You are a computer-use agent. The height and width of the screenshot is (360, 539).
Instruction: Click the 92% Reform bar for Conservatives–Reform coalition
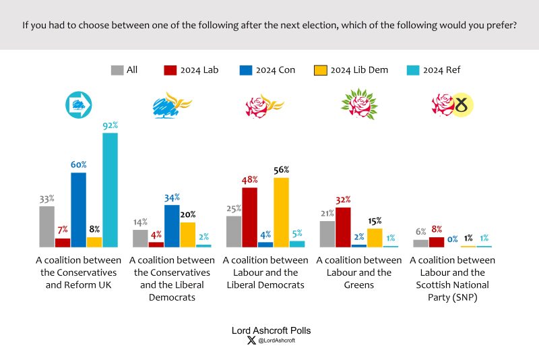point(110,190)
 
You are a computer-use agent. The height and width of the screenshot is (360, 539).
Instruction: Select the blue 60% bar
point(78,210)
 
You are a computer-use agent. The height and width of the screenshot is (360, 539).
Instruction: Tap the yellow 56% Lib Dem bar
point(281,212)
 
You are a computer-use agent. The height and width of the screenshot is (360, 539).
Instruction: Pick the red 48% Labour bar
point(249,217)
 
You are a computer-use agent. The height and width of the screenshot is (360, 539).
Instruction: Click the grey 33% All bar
point(46,227)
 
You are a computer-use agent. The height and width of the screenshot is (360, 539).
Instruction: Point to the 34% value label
point(172,198)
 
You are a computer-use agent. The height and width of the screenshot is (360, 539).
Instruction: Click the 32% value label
point(343,200)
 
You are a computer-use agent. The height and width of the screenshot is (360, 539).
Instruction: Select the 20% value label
point(187,215)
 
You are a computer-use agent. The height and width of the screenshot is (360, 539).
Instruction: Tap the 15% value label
point(375,221)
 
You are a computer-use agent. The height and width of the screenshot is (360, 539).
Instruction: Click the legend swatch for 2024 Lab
point(170,69)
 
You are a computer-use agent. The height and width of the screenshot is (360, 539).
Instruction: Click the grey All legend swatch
point(117,69)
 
